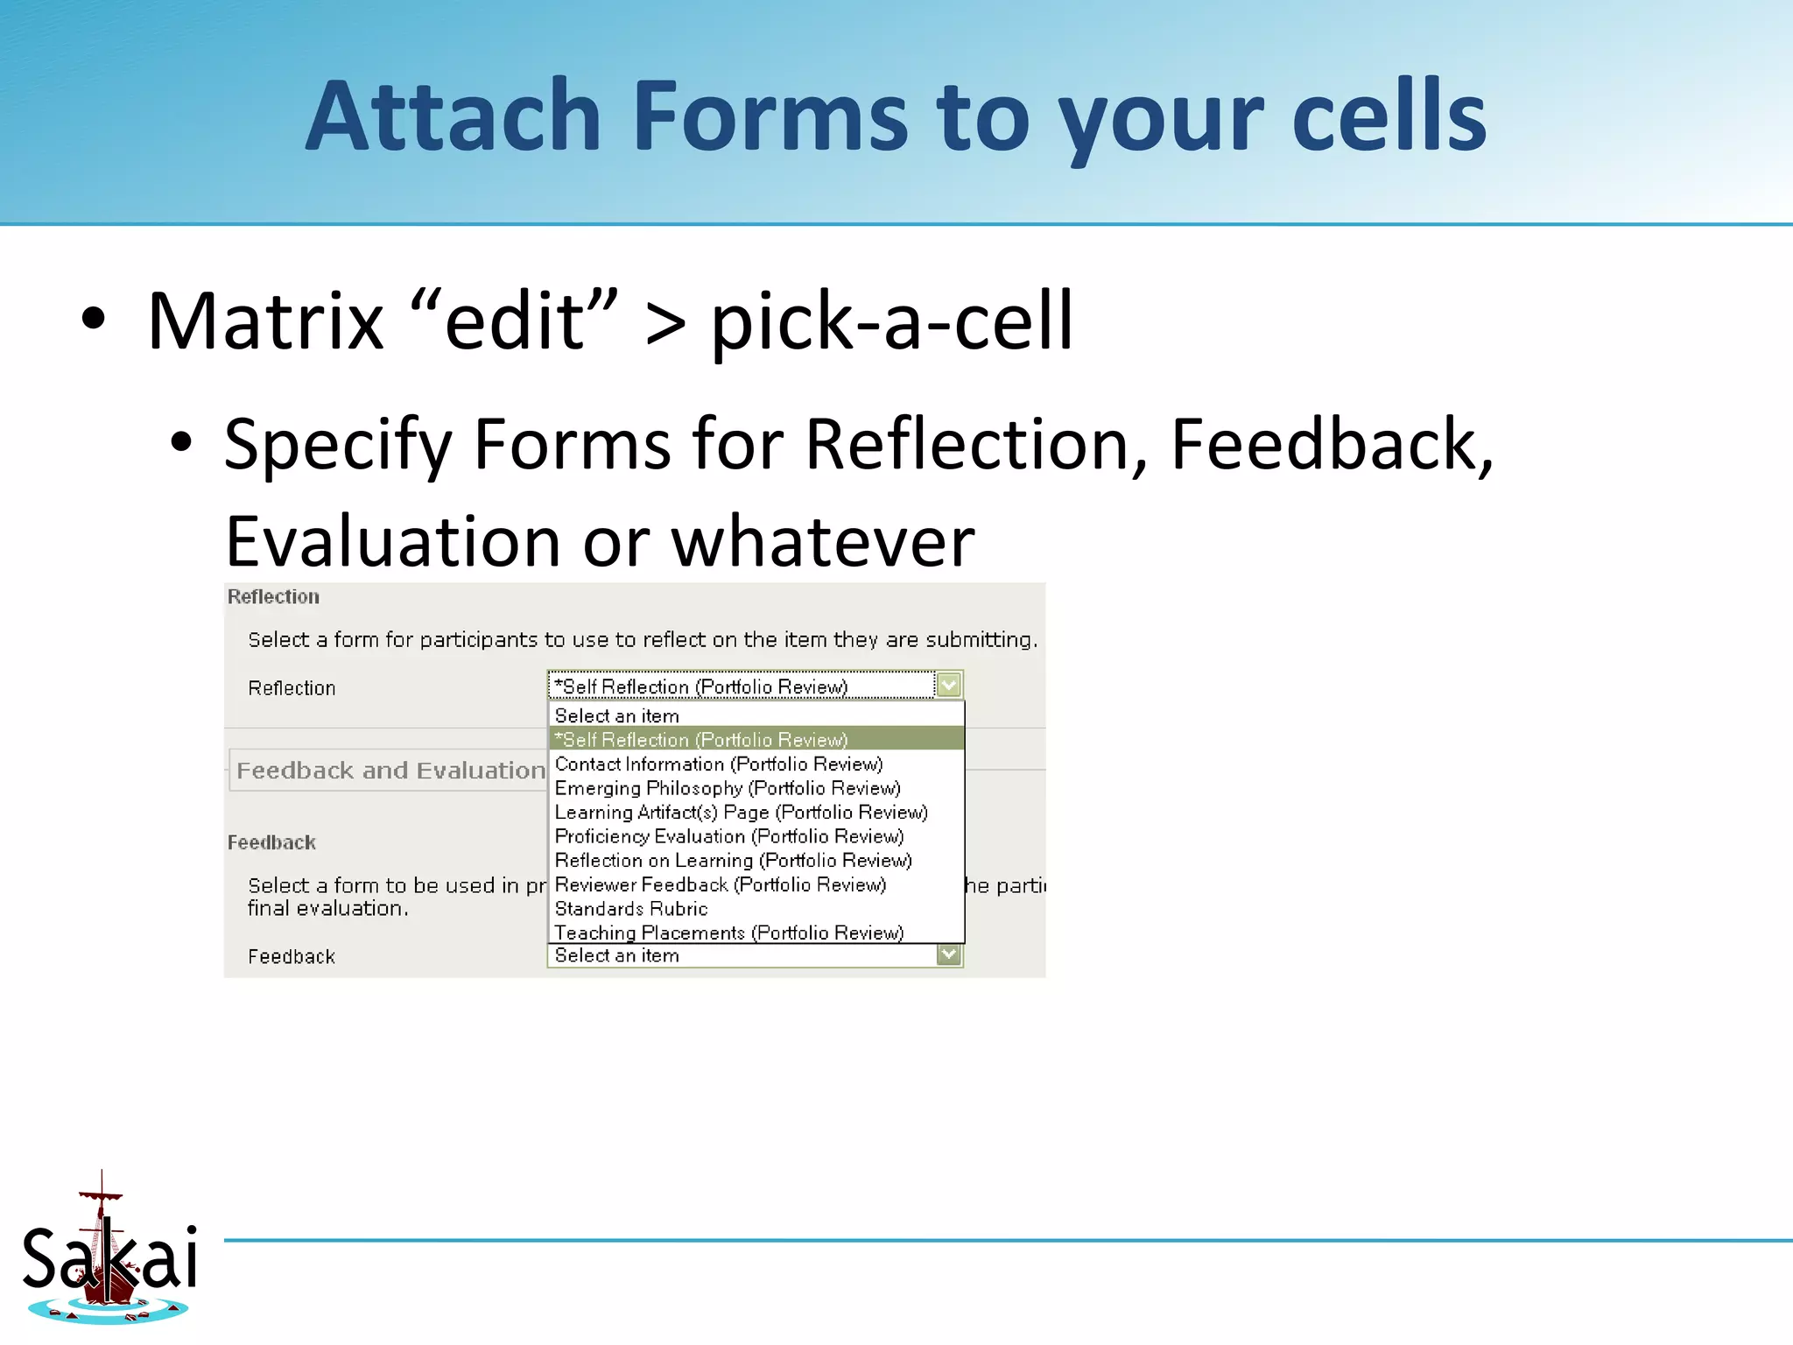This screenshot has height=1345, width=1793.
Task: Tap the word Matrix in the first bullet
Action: (x=265, y=321)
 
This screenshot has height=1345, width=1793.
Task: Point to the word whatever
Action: (x=822, y=542)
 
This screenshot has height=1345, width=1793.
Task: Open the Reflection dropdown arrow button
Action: (x=949, y=685)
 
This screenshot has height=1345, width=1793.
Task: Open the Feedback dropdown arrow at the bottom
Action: (x=949, y=954)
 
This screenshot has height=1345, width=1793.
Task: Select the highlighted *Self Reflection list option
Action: (x=701, y=740)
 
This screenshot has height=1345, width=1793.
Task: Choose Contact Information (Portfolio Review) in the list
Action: (x=718, y=764)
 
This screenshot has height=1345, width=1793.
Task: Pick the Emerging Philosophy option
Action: (x=727, y=788)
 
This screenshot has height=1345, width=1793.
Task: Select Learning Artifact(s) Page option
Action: (x=741, y=813)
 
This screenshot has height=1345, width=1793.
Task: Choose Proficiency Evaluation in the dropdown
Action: (x=728, y=836)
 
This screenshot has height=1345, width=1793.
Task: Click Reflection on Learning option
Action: (x=733, y=861)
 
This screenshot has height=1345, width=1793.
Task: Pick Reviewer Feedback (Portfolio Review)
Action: (x=720, y=884)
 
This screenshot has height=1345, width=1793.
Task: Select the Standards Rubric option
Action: (x=630, y=909)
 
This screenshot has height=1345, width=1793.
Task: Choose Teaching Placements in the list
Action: (x=728, y=933)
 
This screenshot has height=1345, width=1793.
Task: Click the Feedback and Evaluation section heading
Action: (x=390, y=771)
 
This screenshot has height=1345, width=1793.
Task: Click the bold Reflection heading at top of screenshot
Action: (x=273, y=597)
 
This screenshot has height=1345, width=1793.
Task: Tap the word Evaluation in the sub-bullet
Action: (x=392, y=542)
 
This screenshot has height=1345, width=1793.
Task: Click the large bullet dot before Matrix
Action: (x=93, y=320)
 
